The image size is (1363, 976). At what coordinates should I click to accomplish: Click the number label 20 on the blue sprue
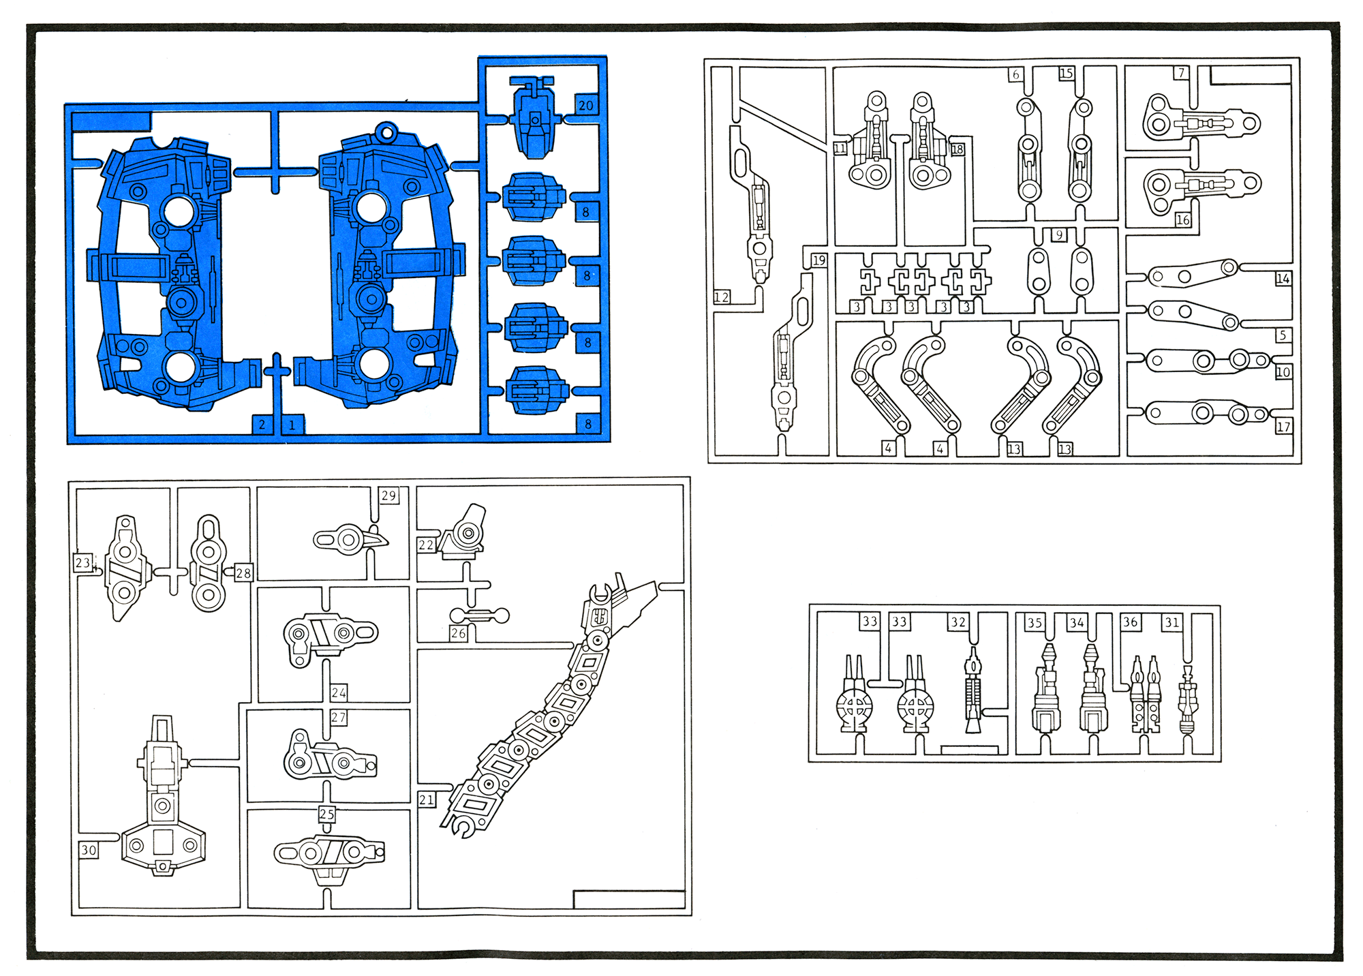pyautogui.click(x=586, y=105)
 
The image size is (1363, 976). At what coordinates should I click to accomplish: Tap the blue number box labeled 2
pyautogui.click(x=262, y=424)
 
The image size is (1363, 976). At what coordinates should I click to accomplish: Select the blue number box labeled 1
pyautogui.click(x=292, y=425)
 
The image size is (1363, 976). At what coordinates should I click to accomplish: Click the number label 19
pyautogui.click(x=819, y=260)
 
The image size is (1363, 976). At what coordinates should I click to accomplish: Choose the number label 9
pyautogui.click(x=1059, y=234)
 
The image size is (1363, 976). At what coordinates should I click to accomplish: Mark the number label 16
pyautogui.click(x=1183, y=219)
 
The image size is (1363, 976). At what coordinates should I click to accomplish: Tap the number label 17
pyautogui.click(x=1284, y=427)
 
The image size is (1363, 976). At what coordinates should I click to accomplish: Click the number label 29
pyautogui.click(x=389, y=495)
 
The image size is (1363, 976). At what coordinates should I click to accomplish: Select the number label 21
pyautogui.click(x=427, y=799)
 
